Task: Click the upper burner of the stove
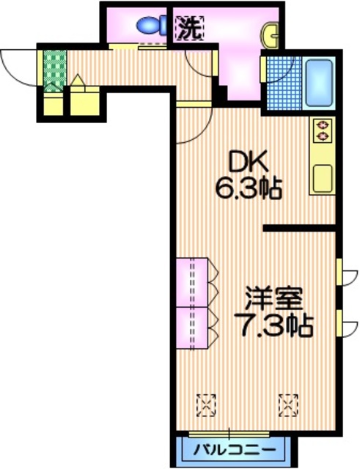(321, 125)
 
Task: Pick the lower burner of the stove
(321, 136)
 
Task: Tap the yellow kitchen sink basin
(321, 178)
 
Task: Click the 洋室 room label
(273, 299)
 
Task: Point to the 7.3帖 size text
(273, 325)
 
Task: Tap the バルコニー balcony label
(235, 448)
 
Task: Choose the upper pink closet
(193, 281)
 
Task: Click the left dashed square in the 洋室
(207, 402)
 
